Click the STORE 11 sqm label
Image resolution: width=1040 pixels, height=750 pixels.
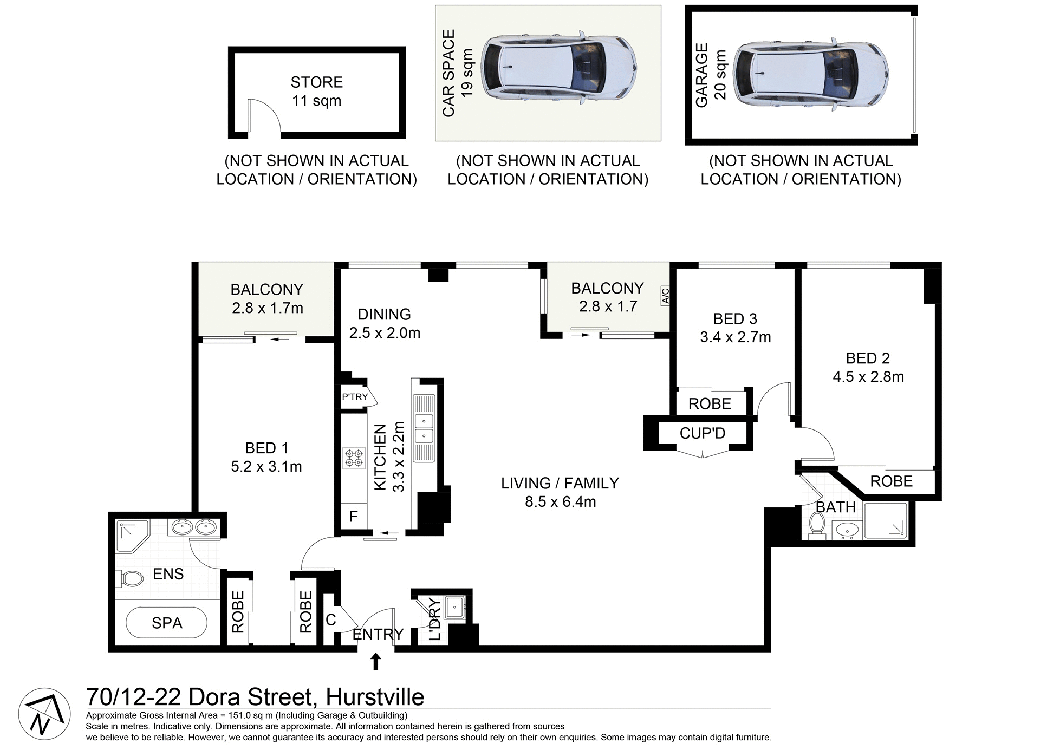[x=317, y=92]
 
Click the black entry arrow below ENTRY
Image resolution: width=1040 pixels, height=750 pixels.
[x=375, y=661]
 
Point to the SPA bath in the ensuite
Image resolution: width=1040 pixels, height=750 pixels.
[x=167, y=623]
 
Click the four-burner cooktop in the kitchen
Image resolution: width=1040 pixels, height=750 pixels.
[x=354, y=458]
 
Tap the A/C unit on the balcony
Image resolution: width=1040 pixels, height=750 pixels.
[x=665, y=296]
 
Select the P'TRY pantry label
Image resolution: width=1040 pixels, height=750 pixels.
[x=355, y=397]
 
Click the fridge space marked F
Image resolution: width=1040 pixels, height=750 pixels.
[x=353, y=517]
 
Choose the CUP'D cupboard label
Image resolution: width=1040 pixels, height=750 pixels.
[x=703, y=433]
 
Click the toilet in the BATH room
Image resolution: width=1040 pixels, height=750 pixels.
[x=816, y=525]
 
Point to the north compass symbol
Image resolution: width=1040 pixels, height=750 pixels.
[x=44, y=714]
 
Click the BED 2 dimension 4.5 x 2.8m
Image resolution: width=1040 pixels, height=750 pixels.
[x=868, y=377]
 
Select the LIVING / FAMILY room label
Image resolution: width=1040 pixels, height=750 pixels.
[x=560, y=483]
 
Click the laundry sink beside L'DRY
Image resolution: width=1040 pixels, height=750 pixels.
[x=454, y=607]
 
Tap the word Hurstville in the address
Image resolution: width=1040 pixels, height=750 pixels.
[x=375, y=697]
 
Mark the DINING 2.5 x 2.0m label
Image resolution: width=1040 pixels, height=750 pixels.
[x=385, y=323]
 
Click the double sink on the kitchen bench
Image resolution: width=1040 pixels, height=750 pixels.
[x=424, y=428]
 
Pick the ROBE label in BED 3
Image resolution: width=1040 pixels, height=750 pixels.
[x=710, y=404]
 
